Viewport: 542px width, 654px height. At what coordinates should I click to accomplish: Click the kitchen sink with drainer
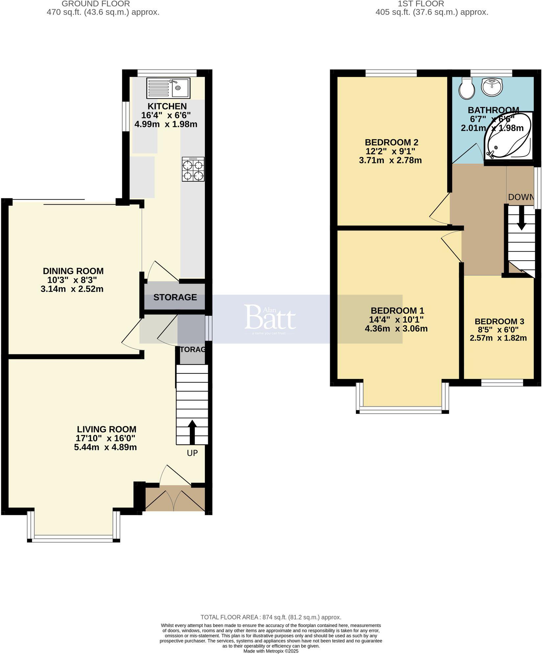pyautogui.click(x=168, y=88)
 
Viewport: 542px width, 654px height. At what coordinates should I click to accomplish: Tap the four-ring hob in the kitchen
pyautogui.click(x=193, y=169)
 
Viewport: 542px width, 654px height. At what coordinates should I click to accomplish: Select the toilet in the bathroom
pyautogui.click(x=467, y=88)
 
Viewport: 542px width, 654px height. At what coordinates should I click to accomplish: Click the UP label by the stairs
pyautogui.click(x=192, y=453)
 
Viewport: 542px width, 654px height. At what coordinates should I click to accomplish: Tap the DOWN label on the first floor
pyautogui.click(x=521, y=197)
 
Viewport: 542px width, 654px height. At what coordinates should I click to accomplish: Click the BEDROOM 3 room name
pyautogui.click(x=499, y=321)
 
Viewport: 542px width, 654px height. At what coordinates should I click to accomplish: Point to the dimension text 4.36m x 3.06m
pyautogui.click(x=396, y=329)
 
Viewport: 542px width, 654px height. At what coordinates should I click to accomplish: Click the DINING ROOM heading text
pyautogui.click(x=73, y=271)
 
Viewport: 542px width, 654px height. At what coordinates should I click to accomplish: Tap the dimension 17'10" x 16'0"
pyautogui.click(x=105, y=438)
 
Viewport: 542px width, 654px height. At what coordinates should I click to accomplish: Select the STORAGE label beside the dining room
pyautogui.click(x=175, y=297)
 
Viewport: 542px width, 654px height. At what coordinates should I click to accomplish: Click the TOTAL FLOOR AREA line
pyautogui.click(x=271, y=617)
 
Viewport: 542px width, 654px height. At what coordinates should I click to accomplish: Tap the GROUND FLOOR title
pyautogui.click(x=96, y=4)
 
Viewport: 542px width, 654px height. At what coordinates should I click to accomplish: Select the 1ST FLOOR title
pyautogui.click(x=421, y=4)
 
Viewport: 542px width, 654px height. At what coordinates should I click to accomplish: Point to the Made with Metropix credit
pyautogui.click(x=271, y=651)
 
